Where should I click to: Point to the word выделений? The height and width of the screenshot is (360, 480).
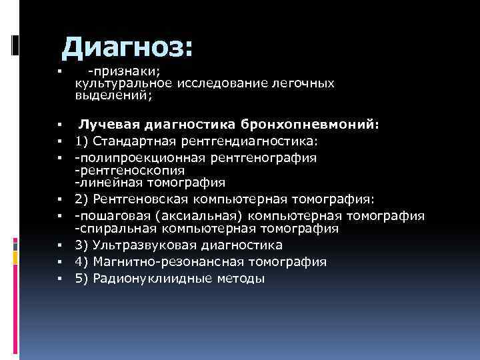click(113, 95)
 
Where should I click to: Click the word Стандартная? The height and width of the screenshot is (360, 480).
click(133, 141)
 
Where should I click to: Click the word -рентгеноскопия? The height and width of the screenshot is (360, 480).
click(123, 169)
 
